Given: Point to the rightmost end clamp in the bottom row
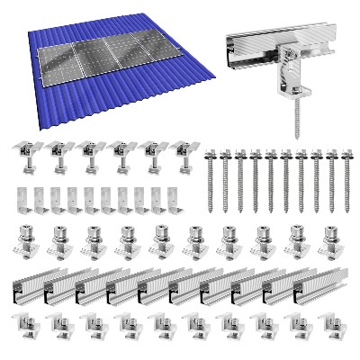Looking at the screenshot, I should pyautogui.click(x=328, y=325).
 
